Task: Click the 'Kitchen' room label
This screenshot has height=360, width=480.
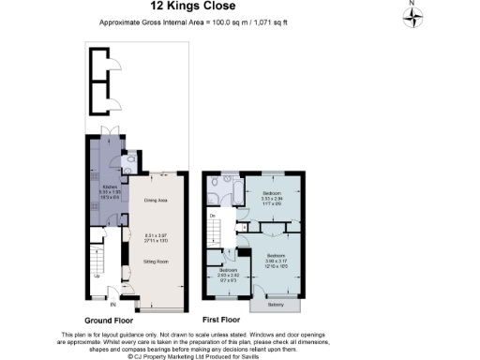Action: click(109, 187)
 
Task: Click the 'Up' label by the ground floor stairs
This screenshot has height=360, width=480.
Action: click(97, 276)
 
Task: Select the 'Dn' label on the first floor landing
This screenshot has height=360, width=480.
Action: click(214, 216)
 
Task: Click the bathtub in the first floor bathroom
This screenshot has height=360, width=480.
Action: click(238, 193)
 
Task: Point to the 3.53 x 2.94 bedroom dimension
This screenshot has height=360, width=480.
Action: click(272, 200)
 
